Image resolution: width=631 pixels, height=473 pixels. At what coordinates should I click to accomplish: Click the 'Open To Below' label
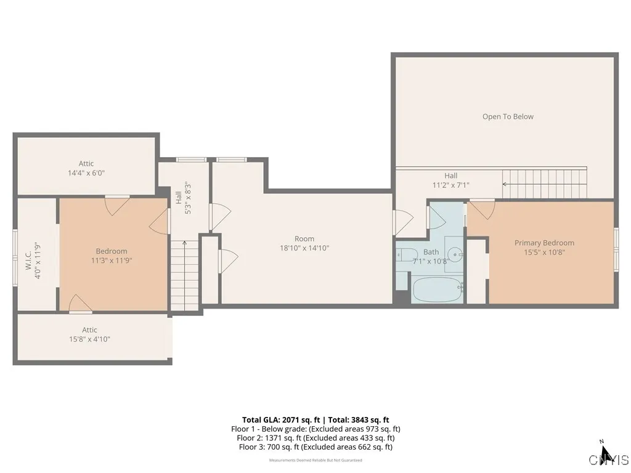coord(508,116)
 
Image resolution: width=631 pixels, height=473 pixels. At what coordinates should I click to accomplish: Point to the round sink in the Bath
coord(455,253)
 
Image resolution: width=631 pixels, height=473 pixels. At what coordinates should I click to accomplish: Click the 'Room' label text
coord(304,239)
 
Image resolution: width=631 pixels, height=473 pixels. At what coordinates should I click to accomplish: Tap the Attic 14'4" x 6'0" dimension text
coord(86,173)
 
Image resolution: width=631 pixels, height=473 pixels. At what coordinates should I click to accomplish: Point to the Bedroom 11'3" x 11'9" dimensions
coord(112,261)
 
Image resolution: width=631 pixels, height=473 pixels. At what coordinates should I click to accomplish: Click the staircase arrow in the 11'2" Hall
coord(507,184)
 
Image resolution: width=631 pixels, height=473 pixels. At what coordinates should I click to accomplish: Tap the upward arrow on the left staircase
coord(184,245)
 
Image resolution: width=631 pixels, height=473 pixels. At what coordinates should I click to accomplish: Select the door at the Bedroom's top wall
coord(117,204)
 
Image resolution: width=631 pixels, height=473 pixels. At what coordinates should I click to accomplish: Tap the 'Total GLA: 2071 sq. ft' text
coord(279,419)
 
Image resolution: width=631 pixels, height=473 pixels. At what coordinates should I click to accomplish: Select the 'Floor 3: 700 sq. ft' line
coord(315,447)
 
